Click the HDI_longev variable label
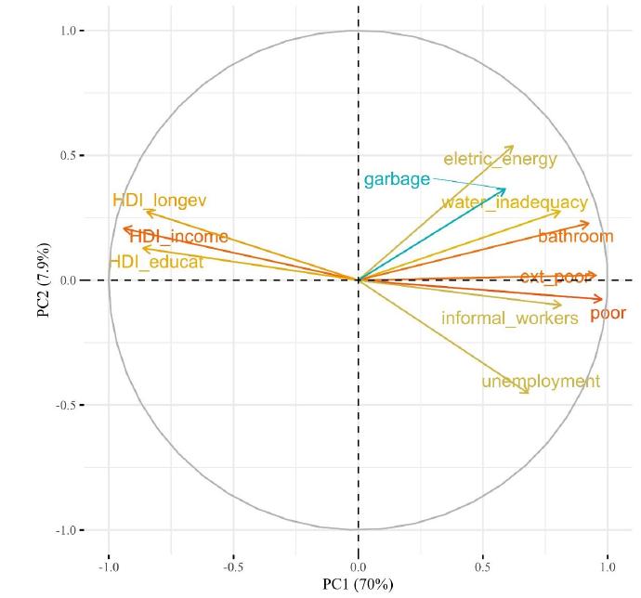pyautogui.click(x=159, y=200)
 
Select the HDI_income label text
pyautogui.click(x=178, y=237)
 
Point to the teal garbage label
pyautogui.click(x=397, y=179)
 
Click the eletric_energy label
pyautogui.click(x=500, y=159)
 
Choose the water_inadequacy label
pyautogui.click(x=514, y=201)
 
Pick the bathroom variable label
pyautogui.click(x=575, y=236)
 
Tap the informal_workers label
pyautogui.click(x=509, y=318)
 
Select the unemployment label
pyautogui.click(x=541, y=381)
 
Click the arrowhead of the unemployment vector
pyautogui.click(x=529, y=393)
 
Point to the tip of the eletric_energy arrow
pyautogui.click(x=513, y=146)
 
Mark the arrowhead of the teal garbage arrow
pyautogui.click(x=506, y=188)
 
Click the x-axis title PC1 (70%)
pyautogui.click(x=358, y=584)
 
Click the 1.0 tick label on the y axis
pyautogui.click(x=70, y=31)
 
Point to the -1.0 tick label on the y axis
pyautogui.click(x=68, y=530)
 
